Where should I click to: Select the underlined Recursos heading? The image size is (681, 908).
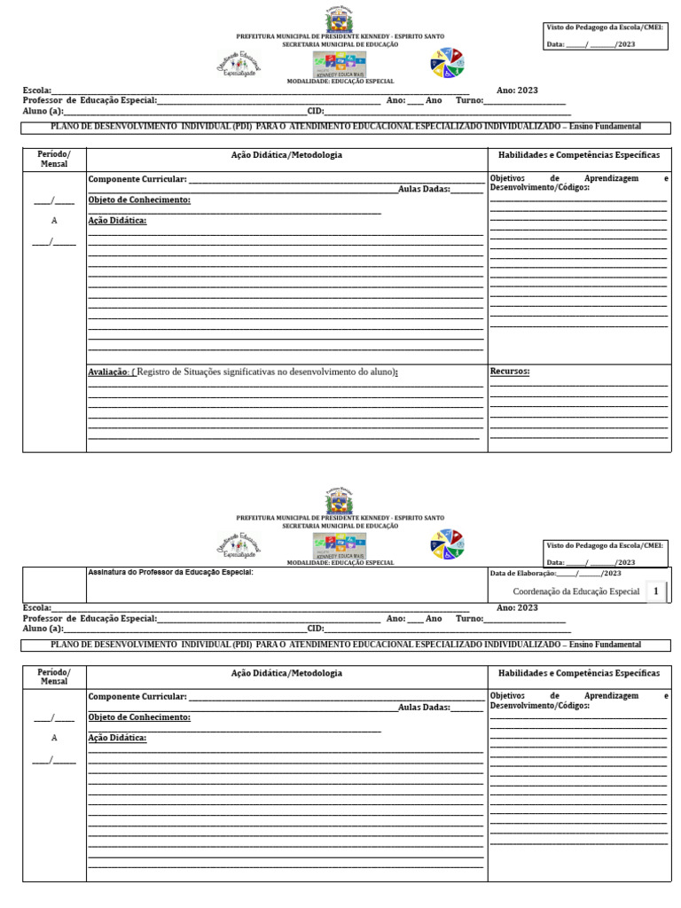pos(510,372)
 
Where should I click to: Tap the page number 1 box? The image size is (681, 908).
pos(655,591)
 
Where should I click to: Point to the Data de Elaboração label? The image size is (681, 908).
pos(523,574)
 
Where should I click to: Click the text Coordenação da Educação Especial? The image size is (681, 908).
pos(576,591)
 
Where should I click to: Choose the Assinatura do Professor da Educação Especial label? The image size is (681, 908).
pos(171,572)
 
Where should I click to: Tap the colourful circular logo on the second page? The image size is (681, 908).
pos(447,544)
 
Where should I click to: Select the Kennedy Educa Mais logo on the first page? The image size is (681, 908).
pos(339,64)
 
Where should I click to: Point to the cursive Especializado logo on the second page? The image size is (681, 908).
pos(239,544)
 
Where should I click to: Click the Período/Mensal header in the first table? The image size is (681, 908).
pos(54,159)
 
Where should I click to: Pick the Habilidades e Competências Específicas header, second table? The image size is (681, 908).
pos(579,674)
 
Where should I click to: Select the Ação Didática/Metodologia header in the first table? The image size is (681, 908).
pos(286,154)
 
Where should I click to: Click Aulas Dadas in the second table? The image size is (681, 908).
pos(424,707)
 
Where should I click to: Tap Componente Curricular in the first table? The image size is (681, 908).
pos(137,179)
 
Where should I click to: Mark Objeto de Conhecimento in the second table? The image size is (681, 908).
pos(139,716)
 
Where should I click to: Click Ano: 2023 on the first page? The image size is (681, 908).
pos(517,90)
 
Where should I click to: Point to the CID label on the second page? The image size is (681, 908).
pos(315,629)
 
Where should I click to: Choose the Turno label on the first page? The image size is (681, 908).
pos(469,100)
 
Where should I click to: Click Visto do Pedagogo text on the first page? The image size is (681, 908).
pos(604,27)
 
